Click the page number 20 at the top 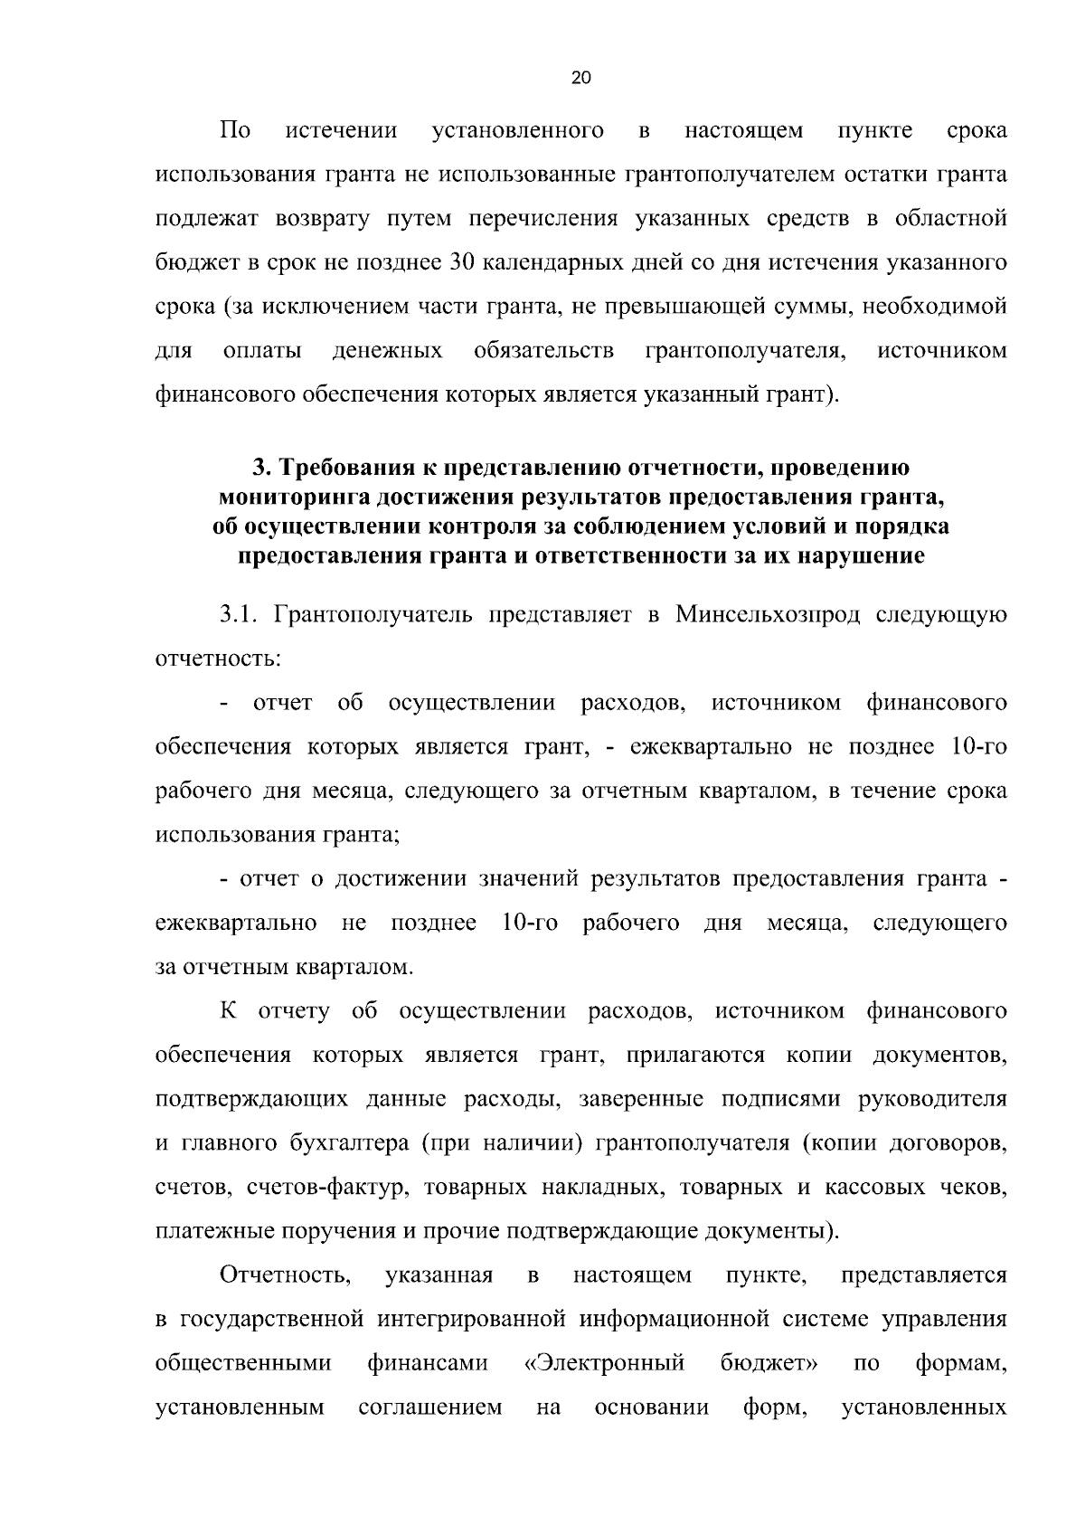(581, 78)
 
